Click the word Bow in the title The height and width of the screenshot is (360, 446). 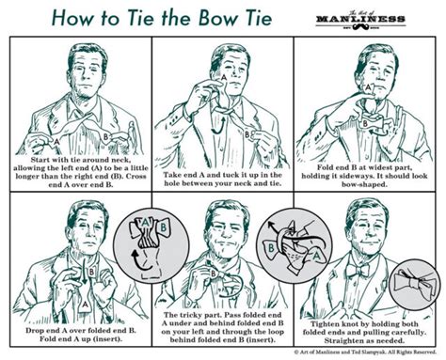coord(199,18)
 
